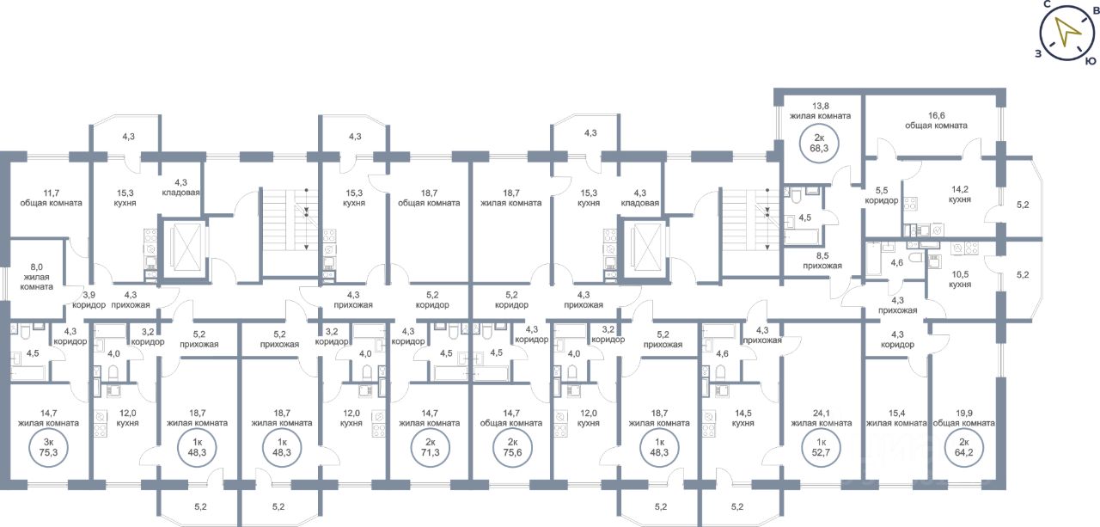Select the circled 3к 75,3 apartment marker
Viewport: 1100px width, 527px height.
[x=48, y=447]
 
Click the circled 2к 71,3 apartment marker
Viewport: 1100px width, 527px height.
[x=431, y=447]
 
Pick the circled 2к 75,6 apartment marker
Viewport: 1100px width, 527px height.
[x=512, y=447]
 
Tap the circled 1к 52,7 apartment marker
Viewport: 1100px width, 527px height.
[x=821, y=447]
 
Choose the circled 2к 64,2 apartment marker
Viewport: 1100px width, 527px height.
[x=963, y=447]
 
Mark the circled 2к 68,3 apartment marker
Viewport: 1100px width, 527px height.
[x=819, y=144]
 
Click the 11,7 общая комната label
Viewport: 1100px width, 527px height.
[x=51, y=198]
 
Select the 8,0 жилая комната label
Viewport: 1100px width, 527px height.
[x=36, y=277]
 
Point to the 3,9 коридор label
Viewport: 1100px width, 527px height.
[x=89, y=299]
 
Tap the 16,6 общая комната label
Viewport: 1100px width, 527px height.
[x=936, y=120]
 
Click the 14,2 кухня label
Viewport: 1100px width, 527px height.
[x=960, y=194]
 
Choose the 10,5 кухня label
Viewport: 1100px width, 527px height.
[x=960, y=279]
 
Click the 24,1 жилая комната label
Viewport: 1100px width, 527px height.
[x=821, y=418]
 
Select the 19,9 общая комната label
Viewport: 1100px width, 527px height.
[x=963, y=418]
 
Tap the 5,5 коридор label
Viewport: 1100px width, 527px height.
[x=882, y=195]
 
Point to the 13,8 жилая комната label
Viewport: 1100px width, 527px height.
[x=820, y=111]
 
